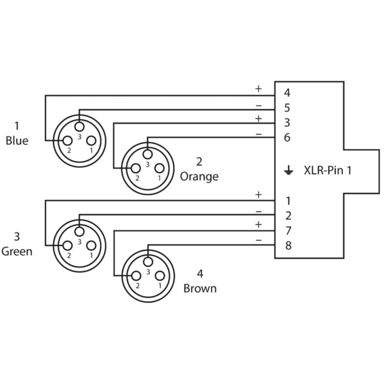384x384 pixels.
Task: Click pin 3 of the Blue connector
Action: tap(79, 127)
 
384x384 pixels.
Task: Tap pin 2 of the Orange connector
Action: tap(136, 169)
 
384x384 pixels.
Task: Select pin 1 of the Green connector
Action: tap(91, 246)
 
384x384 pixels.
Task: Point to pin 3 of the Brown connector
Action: tap(148, 262)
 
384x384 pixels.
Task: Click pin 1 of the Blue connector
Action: tap(91, 141)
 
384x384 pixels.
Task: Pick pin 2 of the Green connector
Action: tap(68, 246)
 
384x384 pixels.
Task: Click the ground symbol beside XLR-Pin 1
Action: tap(289, 170)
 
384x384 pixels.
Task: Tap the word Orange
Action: tap(199, 177)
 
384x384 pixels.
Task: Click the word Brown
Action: tap(200, 289)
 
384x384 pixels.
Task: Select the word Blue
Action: tap(17, 141)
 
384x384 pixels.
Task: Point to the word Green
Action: tap(17, 252)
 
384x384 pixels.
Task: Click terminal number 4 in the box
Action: tap(287, 93)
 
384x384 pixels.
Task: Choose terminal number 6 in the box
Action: tap(287, 138)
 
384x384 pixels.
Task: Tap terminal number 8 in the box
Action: tap(289, 246)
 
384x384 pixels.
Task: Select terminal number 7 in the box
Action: tap(289, 231)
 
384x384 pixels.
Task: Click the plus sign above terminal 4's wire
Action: tap(259, 89)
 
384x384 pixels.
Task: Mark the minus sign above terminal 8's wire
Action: tap(259, 240)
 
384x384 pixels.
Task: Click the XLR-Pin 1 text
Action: tap(327, 170)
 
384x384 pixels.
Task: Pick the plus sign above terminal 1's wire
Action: tap(259, 195)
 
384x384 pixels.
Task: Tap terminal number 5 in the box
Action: tap(287, 108)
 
